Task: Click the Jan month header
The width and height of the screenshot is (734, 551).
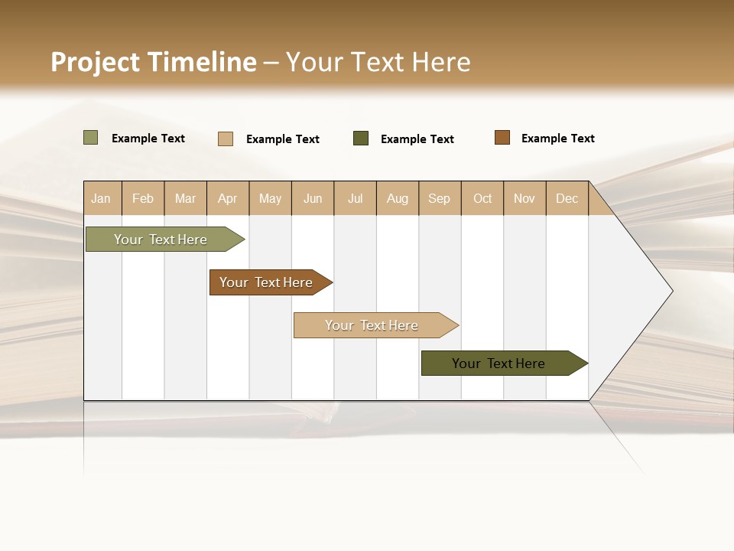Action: [x=102, y=198]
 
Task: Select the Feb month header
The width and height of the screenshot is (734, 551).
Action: [x=143, y=198]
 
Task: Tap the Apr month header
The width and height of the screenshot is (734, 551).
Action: [x=228, y=198]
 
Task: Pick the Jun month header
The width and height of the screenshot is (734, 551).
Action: [x=313, y=198]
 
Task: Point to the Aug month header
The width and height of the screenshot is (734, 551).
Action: [x=398, y=198]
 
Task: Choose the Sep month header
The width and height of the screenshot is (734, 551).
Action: [x=440, y=198]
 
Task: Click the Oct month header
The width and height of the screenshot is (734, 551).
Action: [x=482, y=198]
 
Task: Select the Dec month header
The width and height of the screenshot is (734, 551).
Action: [x=567, y=198]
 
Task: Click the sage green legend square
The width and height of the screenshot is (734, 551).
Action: [x=91, y=138]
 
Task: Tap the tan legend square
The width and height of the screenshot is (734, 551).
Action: [x=226, y=139]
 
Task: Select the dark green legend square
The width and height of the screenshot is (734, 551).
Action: [x=361, y=139]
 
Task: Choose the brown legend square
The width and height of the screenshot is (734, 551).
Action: [x=502, y=138]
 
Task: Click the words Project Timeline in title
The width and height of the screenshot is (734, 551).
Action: [x=154, y=62]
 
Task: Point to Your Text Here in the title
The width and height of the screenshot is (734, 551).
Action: [x=378, y=62]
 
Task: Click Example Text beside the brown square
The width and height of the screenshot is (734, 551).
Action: [x=558, y=139]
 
